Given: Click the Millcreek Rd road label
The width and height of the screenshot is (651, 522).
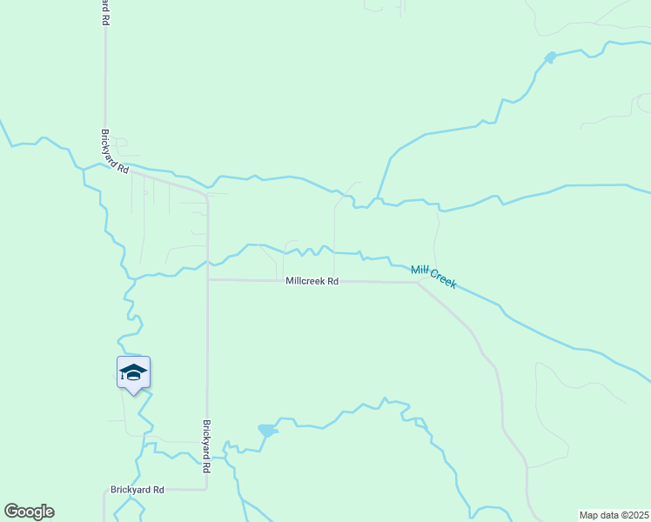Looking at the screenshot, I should [312, 282].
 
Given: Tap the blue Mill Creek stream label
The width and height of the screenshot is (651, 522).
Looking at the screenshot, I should [433, 277].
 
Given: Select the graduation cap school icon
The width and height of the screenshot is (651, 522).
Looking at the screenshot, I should [133, 372].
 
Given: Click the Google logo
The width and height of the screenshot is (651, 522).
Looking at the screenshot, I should [29, 512].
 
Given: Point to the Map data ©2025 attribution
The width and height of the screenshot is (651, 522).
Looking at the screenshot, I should [614, 515].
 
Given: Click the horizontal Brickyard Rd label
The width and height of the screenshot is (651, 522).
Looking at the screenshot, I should [138, 490].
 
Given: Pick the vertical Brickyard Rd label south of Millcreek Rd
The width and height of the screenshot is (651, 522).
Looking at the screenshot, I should [207, 446].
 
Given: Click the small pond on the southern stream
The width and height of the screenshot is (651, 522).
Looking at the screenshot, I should [267, 431].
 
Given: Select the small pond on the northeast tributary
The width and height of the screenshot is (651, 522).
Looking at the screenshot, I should [550, 57].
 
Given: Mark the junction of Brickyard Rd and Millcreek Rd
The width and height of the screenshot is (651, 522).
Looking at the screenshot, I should [207, 280].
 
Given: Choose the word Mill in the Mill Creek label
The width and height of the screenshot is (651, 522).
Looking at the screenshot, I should [419, 271].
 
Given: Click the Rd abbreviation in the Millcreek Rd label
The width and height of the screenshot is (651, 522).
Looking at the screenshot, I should [332, 282].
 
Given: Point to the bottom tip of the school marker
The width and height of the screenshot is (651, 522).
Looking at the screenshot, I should [133, 394].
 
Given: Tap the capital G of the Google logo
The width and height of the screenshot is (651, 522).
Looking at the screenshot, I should [11, 512].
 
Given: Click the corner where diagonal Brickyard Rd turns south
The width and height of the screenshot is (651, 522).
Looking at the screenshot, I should [206, 197].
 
